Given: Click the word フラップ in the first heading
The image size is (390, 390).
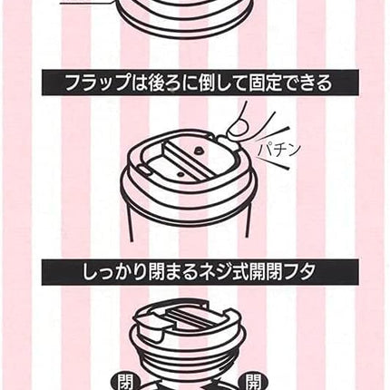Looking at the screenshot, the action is (x=97, y=83).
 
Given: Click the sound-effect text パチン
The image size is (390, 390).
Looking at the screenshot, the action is (x=278, y=150).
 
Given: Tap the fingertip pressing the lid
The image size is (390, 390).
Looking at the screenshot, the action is (x=237, y=131).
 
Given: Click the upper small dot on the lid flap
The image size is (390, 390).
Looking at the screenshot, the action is (x=199, y=150).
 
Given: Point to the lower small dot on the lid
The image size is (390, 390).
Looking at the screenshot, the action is (x=180, y=174).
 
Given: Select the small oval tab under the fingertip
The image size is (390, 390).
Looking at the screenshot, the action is (x=228, y=142).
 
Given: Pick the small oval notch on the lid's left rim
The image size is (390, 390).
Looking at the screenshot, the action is (x=146, y=171).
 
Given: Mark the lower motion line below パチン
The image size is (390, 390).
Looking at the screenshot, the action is (x=274, y=163).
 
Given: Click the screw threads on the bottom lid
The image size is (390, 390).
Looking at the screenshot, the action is (x=189, y=354).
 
